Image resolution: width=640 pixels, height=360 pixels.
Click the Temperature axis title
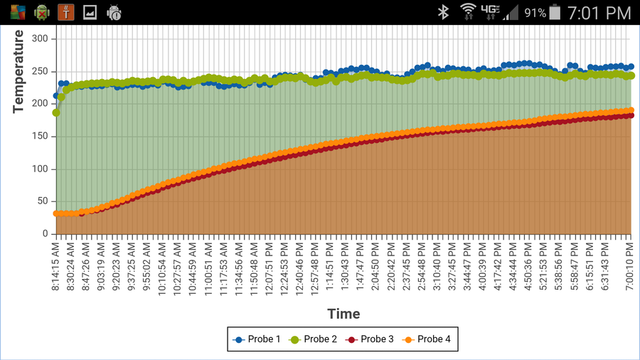click(18, 71)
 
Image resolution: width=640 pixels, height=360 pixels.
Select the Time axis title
click(343, 314)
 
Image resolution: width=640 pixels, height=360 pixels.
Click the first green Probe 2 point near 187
click(56, 112)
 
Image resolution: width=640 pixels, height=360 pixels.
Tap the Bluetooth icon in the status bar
click(442, 12)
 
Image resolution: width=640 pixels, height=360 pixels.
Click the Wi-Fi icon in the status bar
click(467, 11)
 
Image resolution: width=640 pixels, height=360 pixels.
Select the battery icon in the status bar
click(555, 12)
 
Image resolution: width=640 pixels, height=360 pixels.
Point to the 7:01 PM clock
click(599, 12)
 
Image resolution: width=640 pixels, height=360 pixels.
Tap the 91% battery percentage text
click(535, 13)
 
